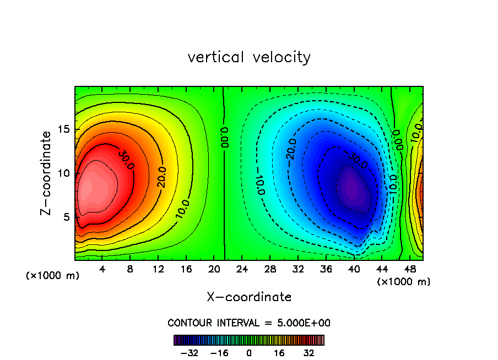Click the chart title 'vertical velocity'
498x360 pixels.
pyautogui.click(x=249, y=57)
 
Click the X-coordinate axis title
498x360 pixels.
pyautogui.click(x=249, y=297)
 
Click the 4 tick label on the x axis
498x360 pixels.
pyautogui.click(x=102, y=270)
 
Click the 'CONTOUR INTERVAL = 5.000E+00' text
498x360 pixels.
pyautogui.click(x=249, y=323)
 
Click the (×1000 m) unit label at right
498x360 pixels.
pyautogui.click(x=404, y=282)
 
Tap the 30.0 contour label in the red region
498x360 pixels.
pyautogui.click(x=125, y=158)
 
